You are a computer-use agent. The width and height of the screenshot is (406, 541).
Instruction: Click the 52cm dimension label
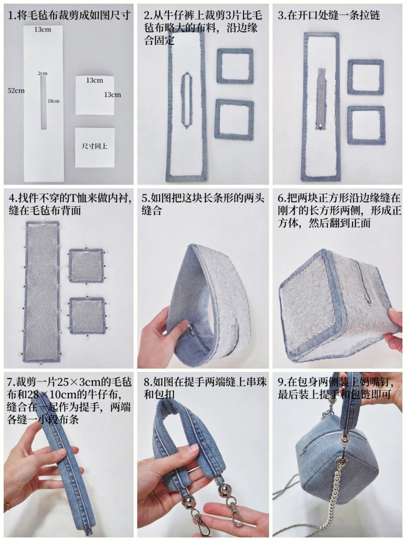coord(16,91)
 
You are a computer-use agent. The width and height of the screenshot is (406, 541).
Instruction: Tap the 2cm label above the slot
coord(42,73)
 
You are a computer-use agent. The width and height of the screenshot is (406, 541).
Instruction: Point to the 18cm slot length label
coord(54,101)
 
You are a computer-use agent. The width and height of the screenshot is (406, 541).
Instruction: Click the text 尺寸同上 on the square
coord(95,147)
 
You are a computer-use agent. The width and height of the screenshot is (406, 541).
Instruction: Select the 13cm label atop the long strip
coord(43,30)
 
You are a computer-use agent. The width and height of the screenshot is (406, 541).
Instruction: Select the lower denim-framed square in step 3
coord(366,125)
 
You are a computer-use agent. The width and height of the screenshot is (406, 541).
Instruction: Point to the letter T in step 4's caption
coord(74,198)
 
